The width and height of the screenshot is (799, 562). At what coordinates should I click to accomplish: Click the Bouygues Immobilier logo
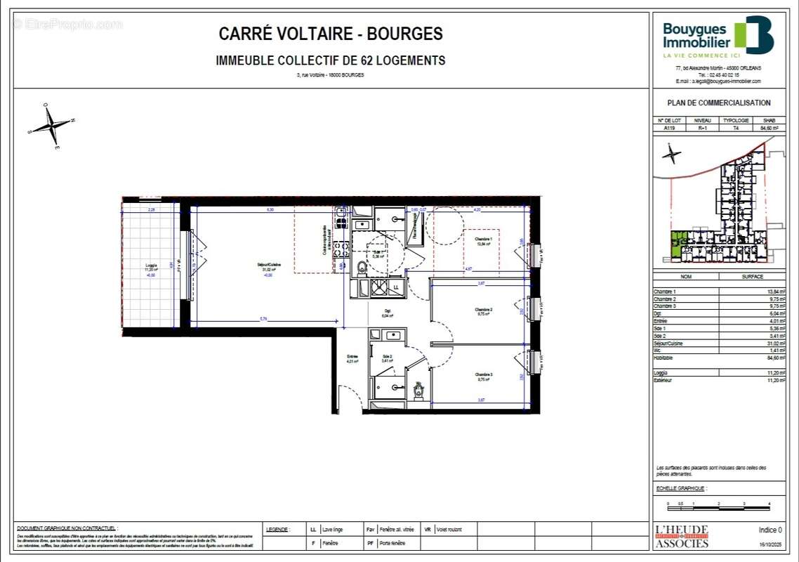(x=718, y=37)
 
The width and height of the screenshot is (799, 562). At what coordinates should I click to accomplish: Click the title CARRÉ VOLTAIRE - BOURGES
(x=331, y=34)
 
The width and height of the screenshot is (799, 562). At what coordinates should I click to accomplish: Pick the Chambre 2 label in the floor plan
(x=483, y=310)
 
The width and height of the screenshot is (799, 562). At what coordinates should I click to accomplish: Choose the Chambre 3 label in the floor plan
(x=483, y=375)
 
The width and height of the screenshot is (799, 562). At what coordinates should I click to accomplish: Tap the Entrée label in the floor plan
(x=352, y=358)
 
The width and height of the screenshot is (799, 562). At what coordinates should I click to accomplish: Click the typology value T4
(x=737, y=129)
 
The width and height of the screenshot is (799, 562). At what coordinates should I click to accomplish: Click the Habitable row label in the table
(x=664, y=358)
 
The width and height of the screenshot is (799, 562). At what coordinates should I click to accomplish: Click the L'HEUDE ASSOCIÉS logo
(x=681, y=536)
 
